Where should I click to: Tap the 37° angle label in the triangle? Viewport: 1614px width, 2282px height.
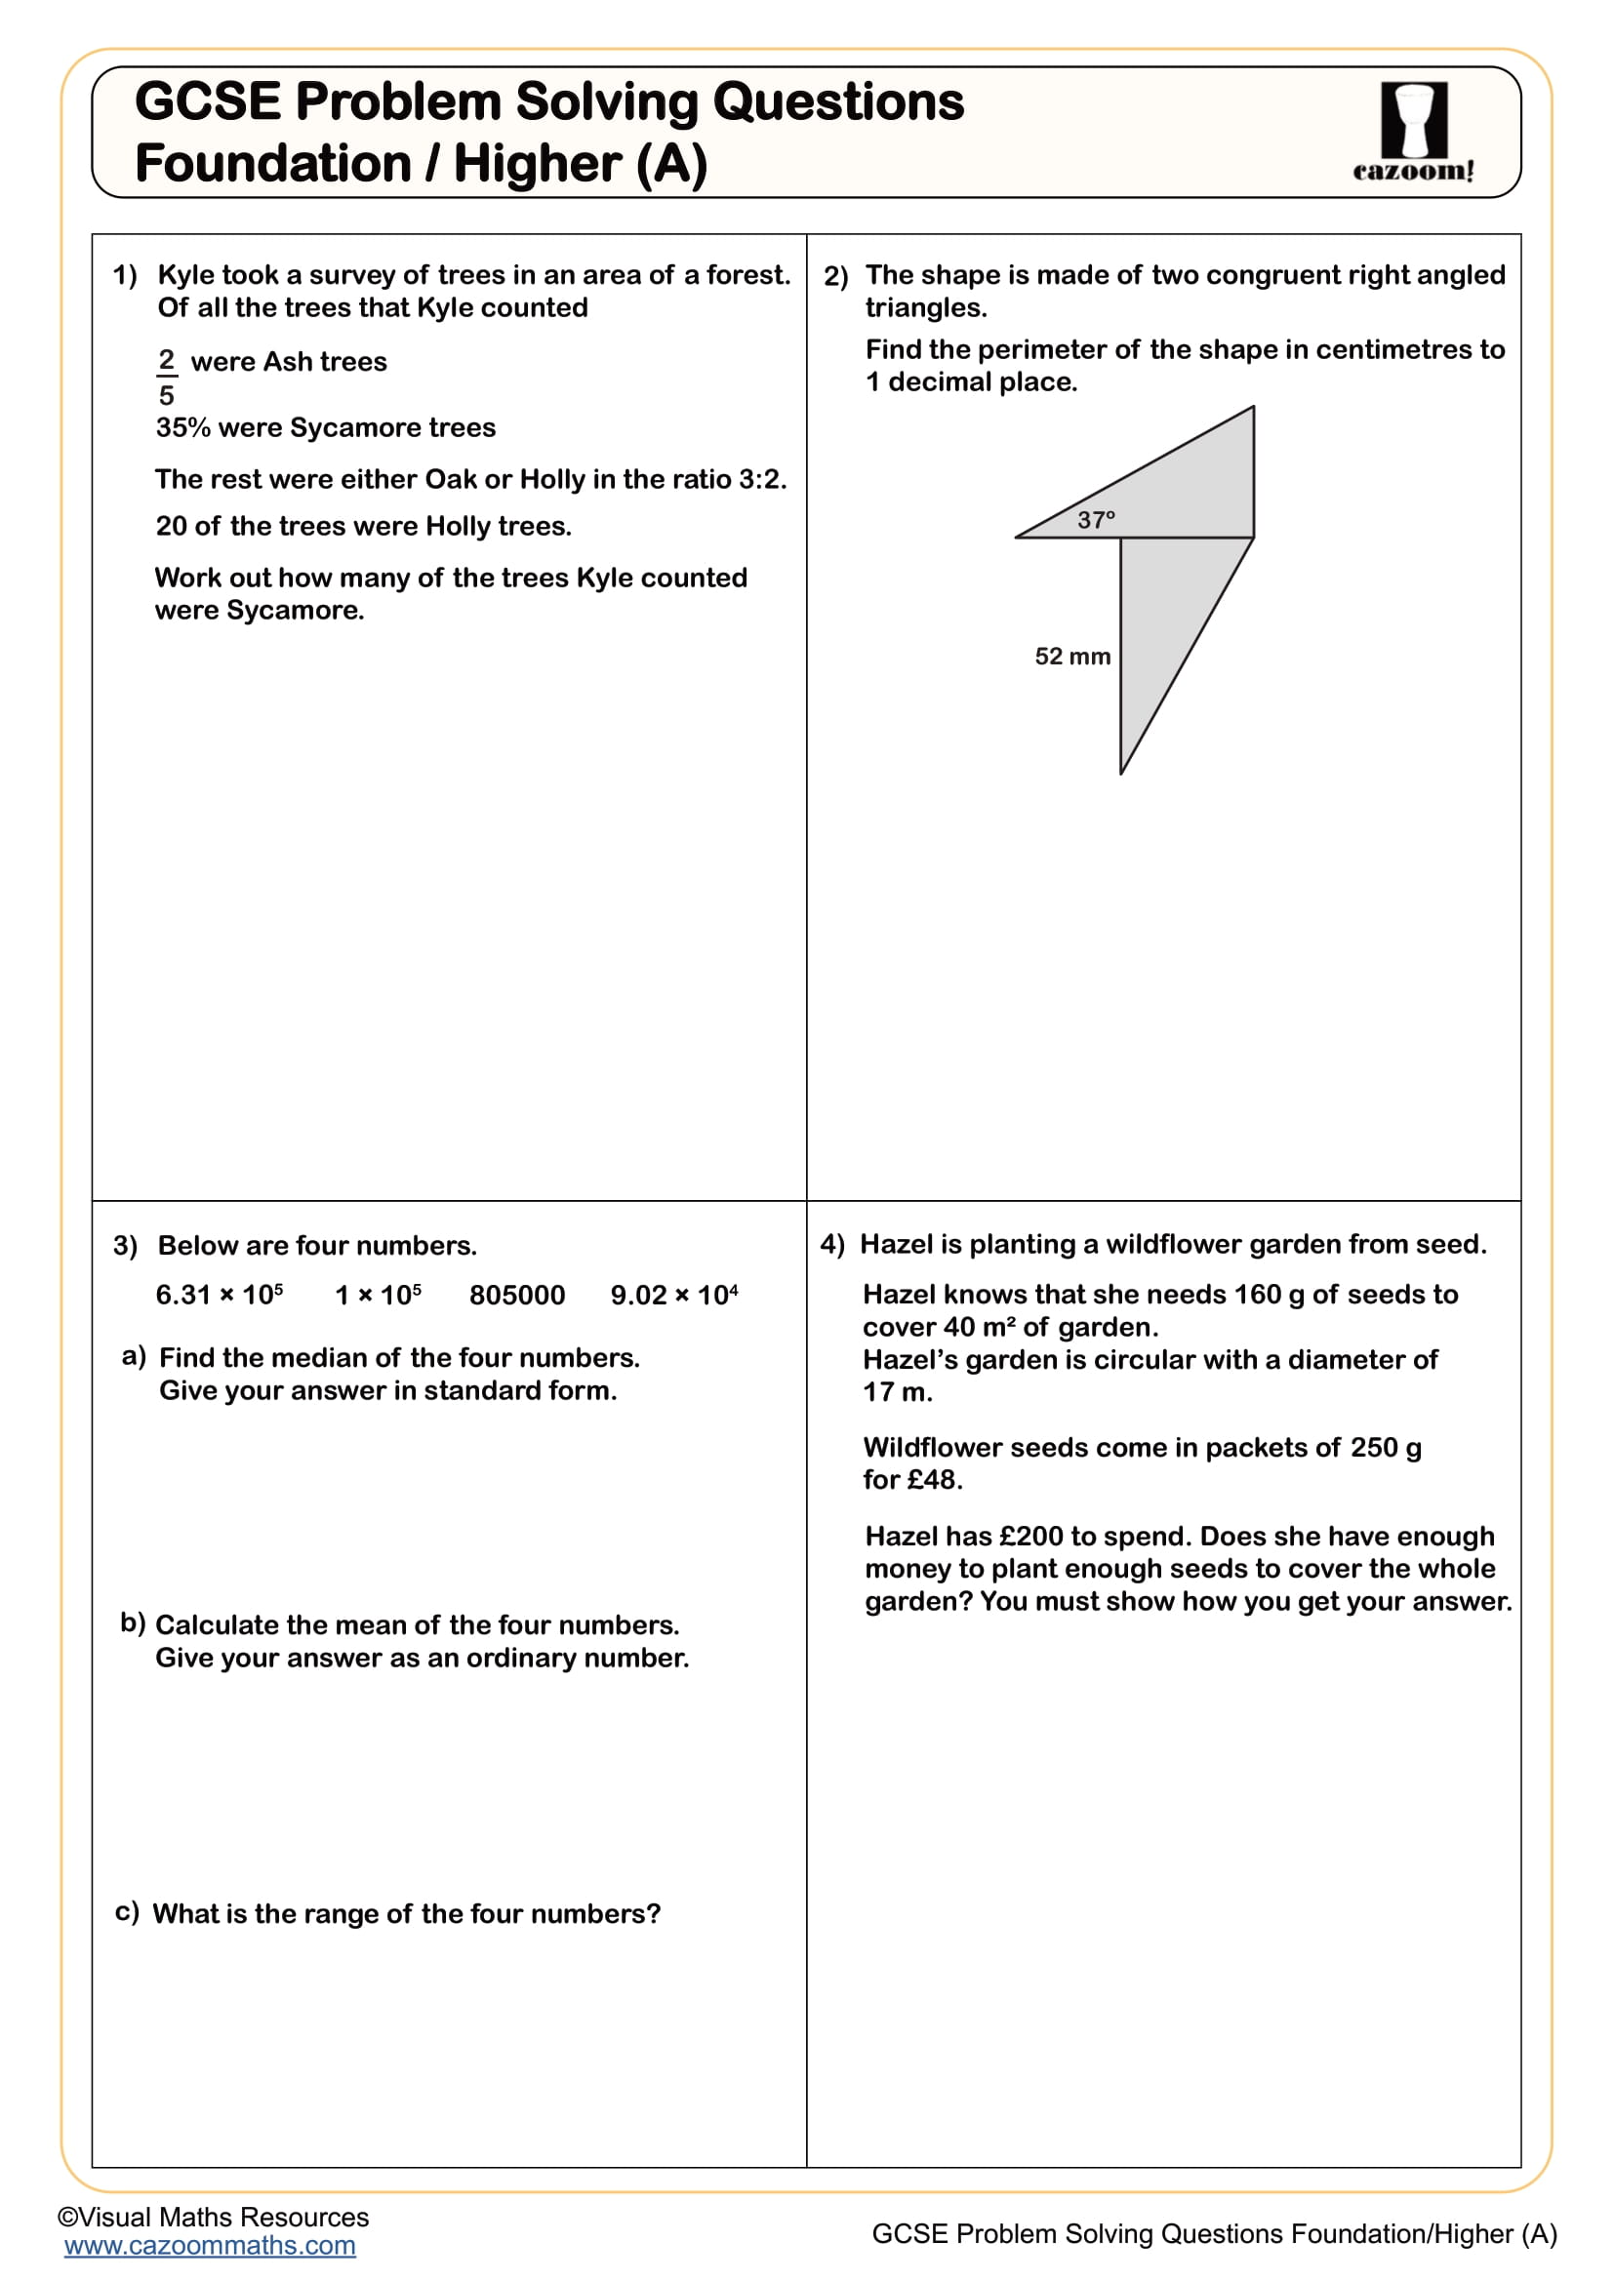click(1095, 520)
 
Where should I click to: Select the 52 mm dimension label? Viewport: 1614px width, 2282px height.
click(1071, 656)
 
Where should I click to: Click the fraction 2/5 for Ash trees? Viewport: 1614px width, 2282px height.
click(166, 377)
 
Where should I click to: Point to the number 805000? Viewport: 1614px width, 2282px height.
click(516, 1295)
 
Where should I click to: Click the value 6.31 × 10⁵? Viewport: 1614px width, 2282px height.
click(219, 1295)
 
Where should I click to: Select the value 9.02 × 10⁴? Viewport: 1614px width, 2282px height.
click(673, 1295)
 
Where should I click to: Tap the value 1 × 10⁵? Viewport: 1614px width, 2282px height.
click(377, 1295)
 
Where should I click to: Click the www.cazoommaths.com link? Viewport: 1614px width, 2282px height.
click(210, 2245)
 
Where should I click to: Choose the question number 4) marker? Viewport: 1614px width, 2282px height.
click(830, 1244)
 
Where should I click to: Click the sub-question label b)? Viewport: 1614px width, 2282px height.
click(132, 1623)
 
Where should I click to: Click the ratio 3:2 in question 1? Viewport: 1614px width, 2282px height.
click(760, 479)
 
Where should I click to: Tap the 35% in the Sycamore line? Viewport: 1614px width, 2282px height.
click(182, 427)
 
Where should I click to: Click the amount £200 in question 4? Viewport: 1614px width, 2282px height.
click(1030, 1537)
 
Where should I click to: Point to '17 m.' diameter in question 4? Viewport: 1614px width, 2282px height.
click(897, 1392)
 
